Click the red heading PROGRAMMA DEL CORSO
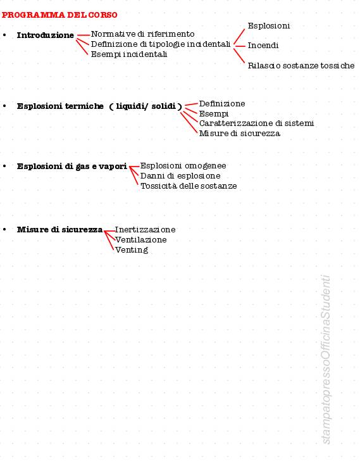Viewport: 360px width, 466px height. click(59, 15)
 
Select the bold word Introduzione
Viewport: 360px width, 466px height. click(45, 35)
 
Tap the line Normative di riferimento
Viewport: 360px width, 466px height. click(142, 34)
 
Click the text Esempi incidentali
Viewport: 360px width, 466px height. click(129, 54)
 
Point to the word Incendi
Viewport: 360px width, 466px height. click(263, 46)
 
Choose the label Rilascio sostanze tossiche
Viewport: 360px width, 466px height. click(301, 65)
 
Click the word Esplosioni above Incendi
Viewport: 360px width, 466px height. click(269, 26)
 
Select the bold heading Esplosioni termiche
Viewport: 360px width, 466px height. click(60, 106)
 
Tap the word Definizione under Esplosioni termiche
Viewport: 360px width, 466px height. click(222, 104)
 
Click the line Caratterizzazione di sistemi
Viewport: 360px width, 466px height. click(256, 123)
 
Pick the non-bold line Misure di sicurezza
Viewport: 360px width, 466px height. click(239, 134)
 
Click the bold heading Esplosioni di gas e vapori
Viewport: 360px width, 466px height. click(72, 167)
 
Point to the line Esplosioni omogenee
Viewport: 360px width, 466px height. click(183, 166)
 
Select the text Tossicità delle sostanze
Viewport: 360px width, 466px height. click(189, 186)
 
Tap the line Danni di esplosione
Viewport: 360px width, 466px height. click(180, 176)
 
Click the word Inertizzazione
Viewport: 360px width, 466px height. click(145, 230)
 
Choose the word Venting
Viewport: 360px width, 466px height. click(132, 250)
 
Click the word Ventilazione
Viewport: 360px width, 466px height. click(141, 240)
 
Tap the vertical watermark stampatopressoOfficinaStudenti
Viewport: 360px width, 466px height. click(326, 360)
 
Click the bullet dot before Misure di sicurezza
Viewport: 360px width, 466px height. click(4, 229)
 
